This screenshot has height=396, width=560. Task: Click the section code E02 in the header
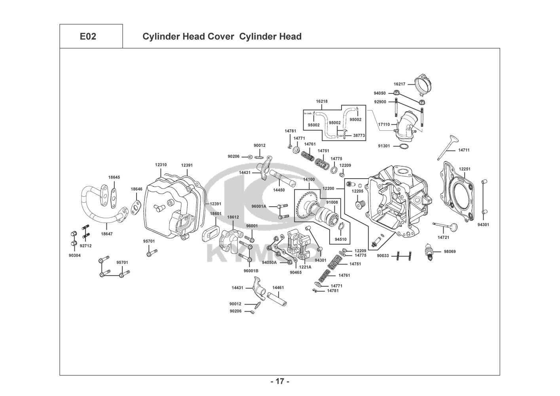click(x=88, y=36)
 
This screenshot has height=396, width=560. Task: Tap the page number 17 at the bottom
click(x=280, y=381)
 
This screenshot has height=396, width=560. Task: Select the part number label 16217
click(x=399, y=84)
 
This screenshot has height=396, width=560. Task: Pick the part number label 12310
click(x=161, y=165)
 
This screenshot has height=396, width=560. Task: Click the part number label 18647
click(x=106, y=234)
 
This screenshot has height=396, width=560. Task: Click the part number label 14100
click(x=309, y=179)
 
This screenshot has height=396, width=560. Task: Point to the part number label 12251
click(x=465, y=169)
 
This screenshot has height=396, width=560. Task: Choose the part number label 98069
click(x=450, y=251)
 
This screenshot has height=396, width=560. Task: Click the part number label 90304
click(x=75, y=255)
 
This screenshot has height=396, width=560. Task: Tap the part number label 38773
click(x=359, y=135)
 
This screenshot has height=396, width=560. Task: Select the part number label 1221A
click(x=305, y=267)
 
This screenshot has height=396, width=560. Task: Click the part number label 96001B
click(x=251, y=271)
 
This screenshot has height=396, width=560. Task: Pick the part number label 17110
click(x=383, y=124)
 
